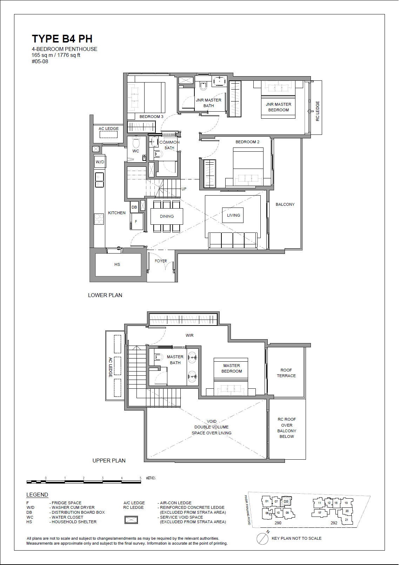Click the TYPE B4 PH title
pos(62,39)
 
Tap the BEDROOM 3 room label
pos(151,117)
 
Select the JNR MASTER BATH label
pos(208,103)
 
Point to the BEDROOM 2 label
pos(247,142)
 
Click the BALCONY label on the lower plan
pos(285,204)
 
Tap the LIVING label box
pos(233,215)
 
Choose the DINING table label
pos(167,216)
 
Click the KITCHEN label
pos(116,213)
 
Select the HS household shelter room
pos(117,264)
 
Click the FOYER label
pos(161,261)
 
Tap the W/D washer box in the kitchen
pos(100,162)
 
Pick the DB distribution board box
pos(134,207)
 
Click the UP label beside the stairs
pos(184,189)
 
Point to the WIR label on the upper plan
pos(189,335)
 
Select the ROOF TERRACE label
pos(286,373)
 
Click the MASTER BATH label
pos(175,360)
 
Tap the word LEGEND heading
pos(37,495)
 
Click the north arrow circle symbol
pos(262,538)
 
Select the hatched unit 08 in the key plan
pos(286,501)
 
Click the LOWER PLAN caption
pos(105,295)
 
